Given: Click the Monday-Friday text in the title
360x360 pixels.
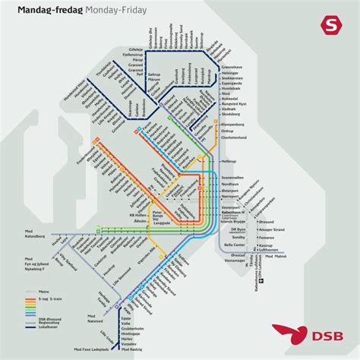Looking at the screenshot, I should click(x=110, y=10).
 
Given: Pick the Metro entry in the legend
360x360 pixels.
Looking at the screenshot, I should click(x=43, y=270).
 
